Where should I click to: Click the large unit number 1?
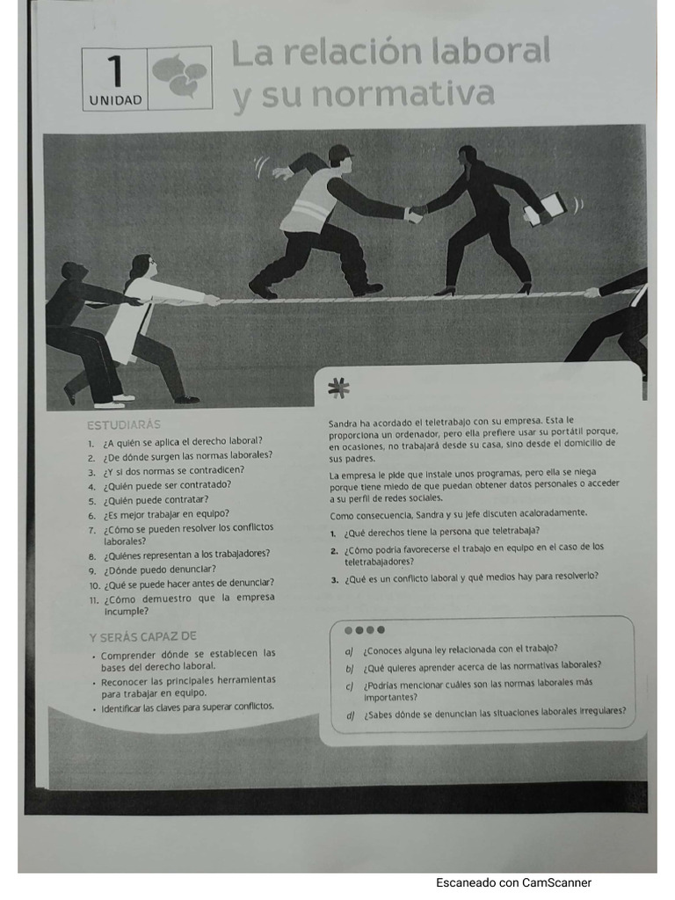pyautogui.click(x=115, y=69)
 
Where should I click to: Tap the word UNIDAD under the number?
pyautogui.click(x=115, y=100)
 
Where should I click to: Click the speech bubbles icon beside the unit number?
pyautogui.click(x=180, y=76)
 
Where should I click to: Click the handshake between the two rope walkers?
pyautogui.click(x=415, y=213)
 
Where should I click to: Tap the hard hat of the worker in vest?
pyautogui.click(x=339, y=153)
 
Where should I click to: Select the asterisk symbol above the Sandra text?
pyautogui.click(x=337, y=387)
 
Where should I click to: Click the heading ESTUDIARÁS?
pyautogui.click(x=123, y=425)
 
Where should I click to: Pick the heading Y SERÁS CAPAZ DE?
pyautogui.click(x=142, y=635)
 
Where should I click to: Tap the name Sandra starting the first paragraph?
pyautogui.click(x=345, y=420)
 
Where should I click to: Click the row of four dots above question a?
pyautogui.click(x=364, y=629)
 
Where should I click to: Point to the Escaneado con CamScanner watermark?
pyautogui.click(x=513, y=882)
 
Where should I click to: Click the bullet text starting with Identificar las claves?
pyautogui.click(x=187, y=707)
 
